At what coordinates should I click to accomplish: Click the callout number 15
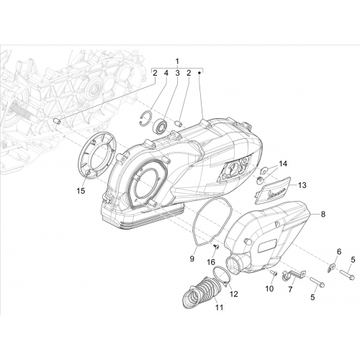(81, 191)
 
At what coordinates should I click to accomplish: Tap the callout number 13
(302, 185)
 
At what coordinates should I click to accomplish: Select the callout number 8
(323, 214)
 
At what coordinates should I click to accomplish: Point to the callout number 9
(192, 259)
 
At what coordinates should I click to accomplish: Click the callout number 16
(211, 262)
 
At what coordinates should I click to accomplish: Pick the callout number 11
(219, 307)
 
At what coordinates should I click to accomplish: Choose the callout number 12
(234, 294)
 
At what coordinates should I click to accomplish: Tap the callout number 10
(269, 289)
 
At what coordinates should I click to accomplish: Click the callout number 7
(290, 289)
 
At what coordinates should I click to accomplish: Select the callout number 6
(339, 252)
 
